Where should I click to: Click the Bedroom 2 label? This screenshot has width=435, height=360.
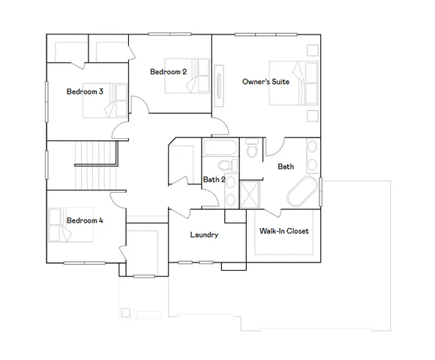click(167, 72)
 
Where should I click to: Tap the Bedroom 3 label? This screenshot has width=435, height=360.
click(85, 91)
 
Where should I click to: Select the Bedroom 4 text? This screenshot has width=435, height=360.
click(85, 220)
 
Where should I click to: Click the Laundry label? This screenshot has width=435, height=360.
click(204, 235)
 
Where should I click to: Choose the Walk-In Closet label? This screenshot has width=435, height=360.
click(283, 231)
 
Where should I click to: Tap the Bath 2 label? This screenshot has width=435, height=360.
click(214, 179)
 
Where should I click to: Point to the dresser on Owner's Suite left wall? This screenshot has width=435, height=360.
click(220, 83)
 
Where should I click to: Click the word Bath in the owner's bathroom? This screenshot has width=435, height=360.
click(286, 166)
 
